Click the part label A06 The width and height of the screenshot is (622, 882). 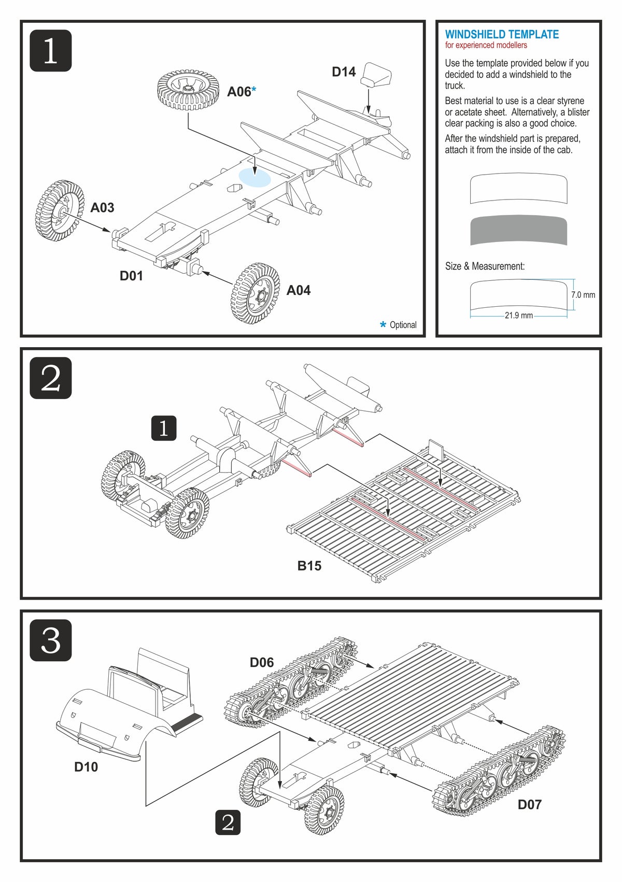point(239,92)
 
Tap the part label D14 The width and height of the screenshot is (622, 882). point(344,72)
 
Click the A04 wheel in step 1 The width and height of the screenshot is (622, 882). point(255,293)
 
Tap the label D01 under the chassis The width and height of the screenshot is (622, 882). point(131,276)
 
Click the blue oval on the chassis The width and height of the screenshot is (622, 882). point(255,177)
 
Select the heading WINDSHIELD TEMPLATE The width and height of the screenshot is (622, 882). point(502,35)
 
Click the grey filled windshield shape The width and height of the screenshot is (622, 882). point(518,230)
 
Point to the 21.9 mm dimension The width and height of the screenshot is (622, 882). point(518,315)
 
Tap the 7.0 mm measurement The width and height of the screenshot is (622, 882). point(583,295)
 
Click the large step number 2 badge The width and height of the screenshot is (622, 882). point(51,378)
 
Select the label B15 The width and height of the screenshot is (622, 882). point(309,566)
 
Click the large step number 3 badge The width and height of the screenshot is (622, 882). point(51,640)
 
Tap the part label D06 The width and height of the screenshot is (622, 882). point(262,662)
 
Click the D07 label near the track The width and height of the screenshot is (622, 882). point(529,804)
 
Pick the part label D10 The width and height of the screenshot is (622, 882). point(86,767)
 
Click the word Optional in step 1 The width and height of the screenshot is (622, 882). point(403,325)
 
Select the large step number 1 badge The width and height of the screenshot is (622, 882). point(51,51)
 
